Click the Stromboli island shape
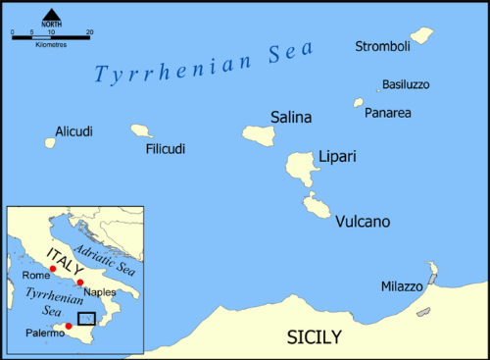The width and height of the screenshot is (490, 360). [421, 36]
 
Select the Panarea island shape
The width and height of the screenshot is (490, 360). [359, 102]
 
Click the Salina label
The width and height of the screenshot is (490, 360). [291, 118]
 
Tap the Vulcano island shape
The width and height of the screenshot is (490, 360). [316, 205]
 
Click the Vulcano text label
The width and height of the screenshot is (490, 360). [363, 223]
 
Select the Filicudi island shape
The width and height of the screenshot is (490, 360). [142, 129]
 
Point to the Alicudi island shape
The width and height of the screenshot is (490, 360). [50, 143]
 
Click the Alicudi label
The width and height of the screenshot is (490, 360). [73, 130]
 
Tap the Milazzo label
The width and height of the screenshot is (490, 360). [402, 286]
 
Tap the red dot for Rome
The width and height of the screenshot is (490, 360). [52, 268]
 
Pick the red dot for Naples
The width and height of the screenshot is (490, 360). [79, 283]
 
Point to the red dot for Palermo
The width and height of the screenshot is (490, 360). [68, 326]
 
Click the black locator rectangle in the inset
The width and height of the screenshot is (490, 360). [87, 319]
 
